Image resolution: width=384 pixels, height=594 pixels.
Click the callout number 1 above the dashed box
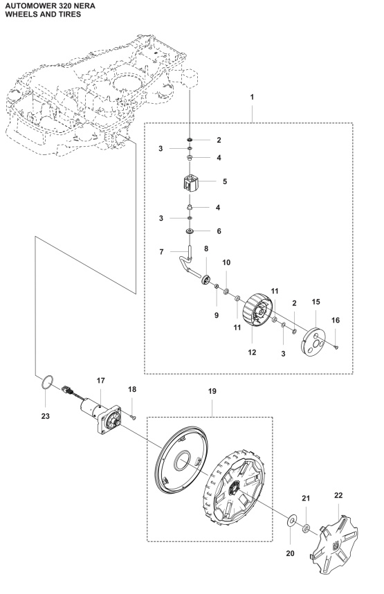253,110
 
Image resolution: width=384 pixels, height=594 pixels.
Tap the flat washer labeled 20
289,518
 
